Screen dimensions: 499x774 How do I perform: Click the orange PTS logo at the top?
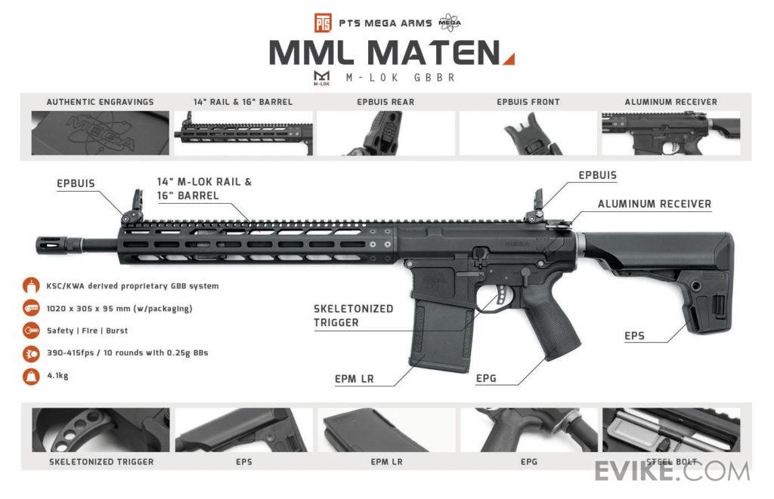pos(323,22)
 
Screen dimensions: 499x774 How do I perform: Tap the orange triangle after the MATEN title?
pos(509,58)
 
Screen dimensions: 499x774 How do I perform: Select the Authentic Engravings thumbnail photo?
pos(100,133)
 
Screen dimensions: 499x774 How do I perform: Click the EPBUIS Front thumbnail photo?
pos(528,133)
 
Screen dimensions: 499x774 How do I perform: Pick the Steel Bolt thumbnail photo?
pos(670,430)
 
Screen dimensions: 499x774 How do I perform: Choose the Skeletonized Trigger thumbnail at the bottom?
pos(101,430)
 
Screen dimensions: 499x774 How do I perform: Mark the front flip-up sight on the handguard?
pos(129,211)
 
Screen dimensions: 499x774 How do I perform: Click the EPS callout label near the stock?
pos(635,336)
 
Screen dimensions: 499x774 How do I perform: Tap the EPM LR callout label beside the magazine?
pos(354,379)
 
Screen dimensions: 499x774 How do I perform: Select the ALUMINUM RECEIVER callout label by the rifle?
pos(654,204)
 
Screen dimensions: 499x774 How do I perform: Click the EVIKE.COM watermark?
pos(672,471)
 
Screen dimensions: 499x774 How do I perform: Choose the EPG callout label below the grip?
pos(486,378)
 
